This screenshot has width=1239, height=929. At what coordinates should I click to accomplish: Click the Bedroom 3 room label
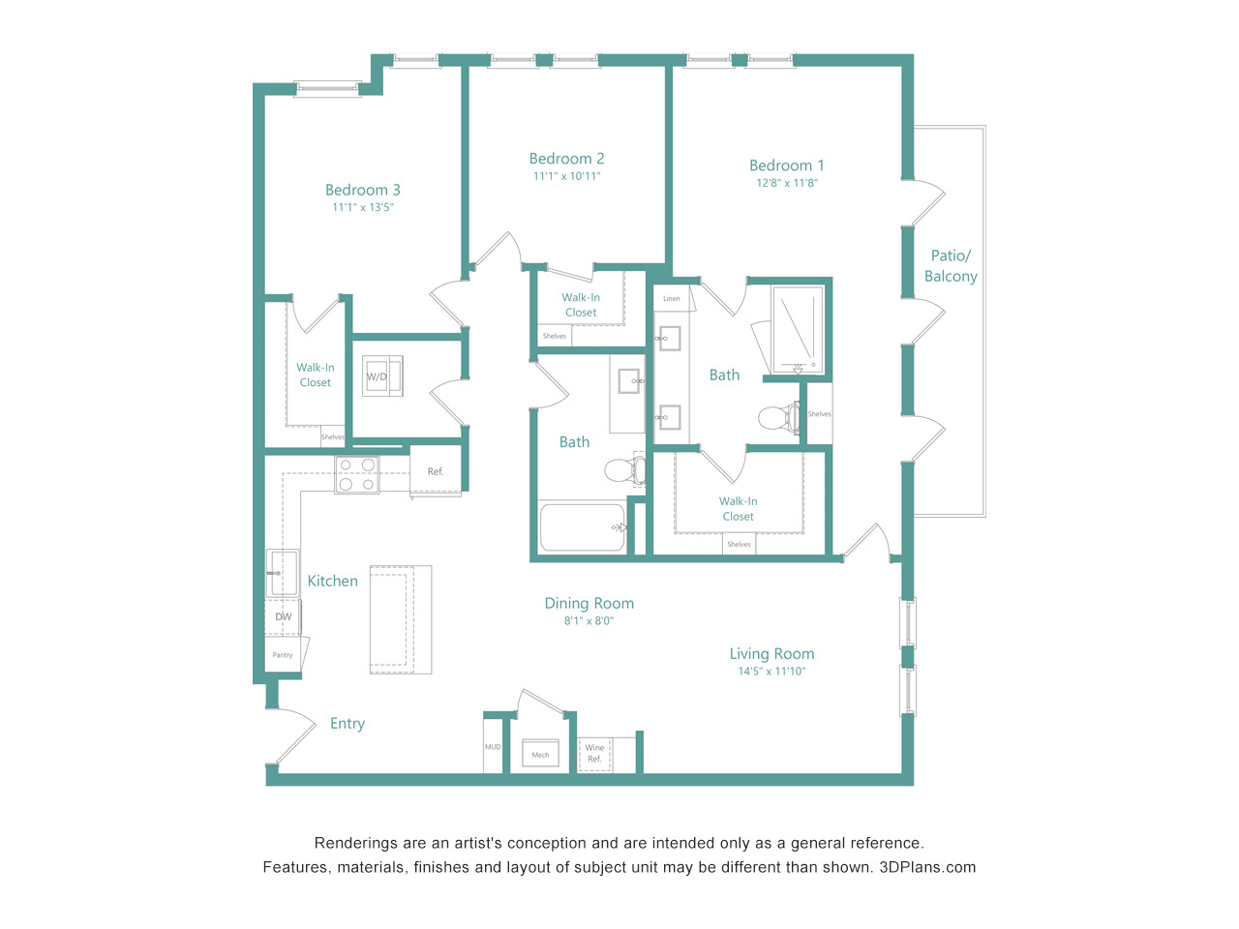pyautogui.click(x=362, y=190)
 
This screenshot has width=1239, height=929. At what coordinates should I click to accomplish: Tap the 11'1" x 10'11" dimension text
pyautogui.click(x=566, y=176)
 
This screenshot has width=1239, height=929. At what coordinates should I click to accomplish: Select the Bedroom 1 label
pyautogui.click(x=786, y=165)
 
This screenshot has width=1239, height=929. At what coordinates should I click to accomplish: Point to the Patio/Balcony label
pyautogui.click(x=951, y=266)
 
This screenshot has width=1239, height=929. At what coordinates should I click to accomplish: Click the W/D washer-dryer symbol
pyautogui.click(x=382, y=375)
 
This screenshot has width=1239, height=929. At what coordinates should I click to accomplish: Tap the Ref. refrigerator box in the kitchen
pyautogui.click(x=436, y=471)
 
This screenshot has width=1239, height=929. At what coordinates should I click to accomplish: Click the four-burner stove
pyautogui.click(x=357, y=474)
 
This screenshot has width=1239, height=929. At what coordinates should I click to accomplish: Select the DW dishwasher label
pyautogui.click(x=284, y=616)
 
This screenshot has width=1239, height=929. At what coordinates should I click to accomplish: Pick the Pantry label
pyautogui.click(x=283, y=655)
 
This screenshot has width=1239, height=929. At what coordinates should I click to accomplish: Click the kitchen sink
pyautogui.click(x=283, y=573)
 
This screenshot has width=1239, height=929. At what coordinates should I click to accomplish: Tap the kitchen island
pyautogui.click(x=401, y=619)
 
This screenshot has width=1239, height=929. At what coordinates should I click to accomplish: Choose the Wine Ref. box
pyautogui.click(x=594, y=754)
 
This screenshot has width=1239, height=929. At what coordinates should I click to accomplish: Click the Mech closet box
pyautogui.click(x=540, y=753)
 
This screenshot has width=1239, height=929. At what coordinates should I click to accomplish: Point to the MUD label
pyautogui.click(x=493, y=747)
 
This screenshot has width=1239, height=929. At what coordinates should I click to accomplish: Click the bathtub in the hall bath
pyautogui.click(x=583, y=526)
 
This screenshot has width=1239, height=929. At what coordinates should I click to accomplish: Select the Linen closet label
pyautogui.click(x=672, y=298)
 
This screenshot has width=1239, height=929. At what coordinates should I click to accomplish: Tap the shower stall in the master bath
pyautogui.click(x=798, y=329)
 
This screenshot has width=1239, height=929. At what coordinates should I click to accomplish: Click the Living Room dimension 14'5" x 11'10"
pyautogui.click(x=771, y=672)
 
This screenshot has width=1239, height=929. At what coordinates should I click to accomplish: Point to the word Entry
pyautogui.click(x=348, y=724)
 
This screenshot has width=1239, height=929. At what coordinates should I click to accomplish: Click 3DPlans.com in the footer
pyautogui.click(x=927, y=867)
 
